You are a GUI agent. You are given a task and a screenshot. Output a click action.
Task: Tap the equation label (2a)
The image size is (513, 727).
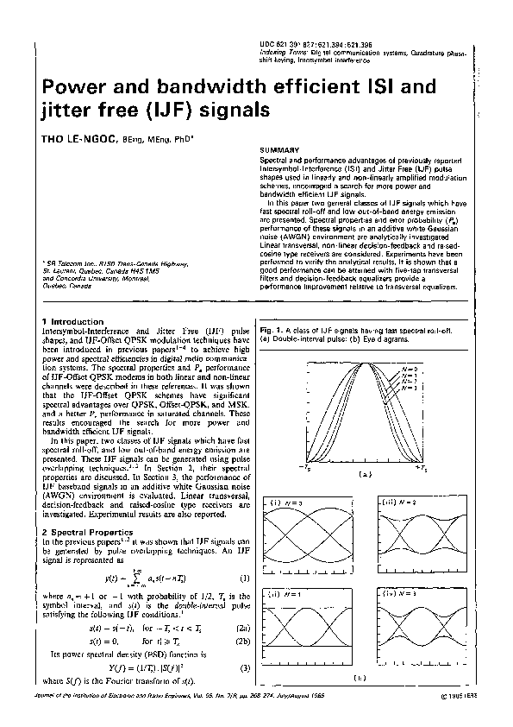[x=244, y=630]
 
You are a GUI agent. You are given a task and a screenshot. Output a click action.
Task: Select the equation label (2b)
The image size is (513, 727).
[x=244, y=642]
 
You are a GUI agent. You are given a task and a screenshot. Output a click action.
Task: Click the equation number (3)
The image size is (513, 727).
[x=244, y=668]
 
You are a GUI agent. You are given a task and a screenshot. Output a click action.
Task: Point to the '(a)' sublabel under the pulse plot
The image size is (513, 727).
[x=364, y=474]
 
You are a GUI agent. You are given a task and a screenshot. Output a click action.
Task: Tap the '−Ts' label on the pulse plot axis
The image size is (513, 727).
[x=304, y=467]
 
